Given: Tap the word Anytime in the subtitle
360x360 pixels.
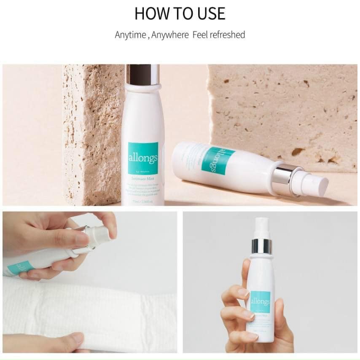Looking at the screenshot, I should tap(130, 35).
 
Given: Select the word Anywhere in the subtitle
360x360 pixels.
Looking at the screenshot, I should tap(170, 35).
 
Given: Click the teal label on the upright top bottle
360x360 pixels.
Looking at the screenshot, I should tap(143, 158).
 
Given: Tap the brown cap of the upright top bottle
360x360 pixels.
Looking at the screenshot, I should tap(142, 74).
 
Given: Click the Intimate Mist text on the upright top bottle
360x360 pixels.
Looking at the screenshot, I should tap(143, 179).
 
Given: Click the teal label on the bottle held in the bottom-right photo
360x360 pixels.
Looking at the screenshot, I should tap(260, 302).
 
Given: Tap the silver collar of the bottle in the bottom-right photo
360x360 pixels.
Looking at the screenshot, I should tap(261, 246).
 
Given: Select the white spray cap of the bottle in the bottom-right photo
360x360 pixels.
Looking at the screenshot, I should tap(261, 228).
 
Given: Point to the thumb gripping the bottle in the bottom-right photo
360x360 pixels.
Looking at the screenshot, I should tap(240, 295).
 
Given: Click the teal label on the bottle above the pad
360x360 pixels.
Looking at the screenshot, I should tap(19, 268).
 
